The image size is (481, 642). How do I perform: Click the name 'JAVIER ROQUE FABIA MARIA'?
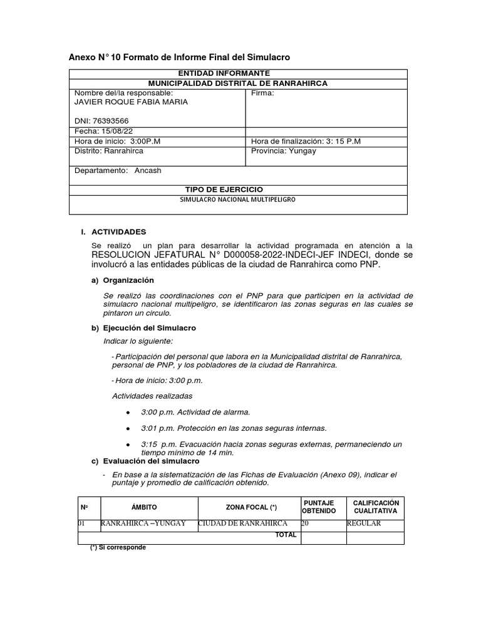tap(130, 102)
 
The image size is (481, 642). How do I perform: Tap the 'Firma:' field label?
tap(262, 93)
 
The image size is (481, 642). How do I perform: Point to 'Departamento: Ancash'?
tap(118, 171)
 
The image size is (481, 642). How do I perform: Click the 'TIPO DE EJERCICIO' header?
tap(224, 189)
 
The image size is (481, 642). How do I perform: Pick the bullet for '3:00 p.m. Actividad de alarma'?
tap(128, 412)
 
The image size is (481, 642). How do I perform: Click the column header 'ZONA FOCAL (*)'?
tap(251, 507)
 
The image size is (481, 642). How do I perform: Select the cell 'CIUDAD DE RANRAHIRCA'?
tap(243, 524)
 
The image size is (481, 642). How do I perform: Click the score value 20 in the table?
tap(305, 524)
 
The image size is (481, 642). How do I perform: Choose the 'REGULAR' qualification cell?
tap(363, 524)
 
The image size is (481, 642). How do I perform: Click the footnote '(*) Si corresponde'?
tap(118, 547)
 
